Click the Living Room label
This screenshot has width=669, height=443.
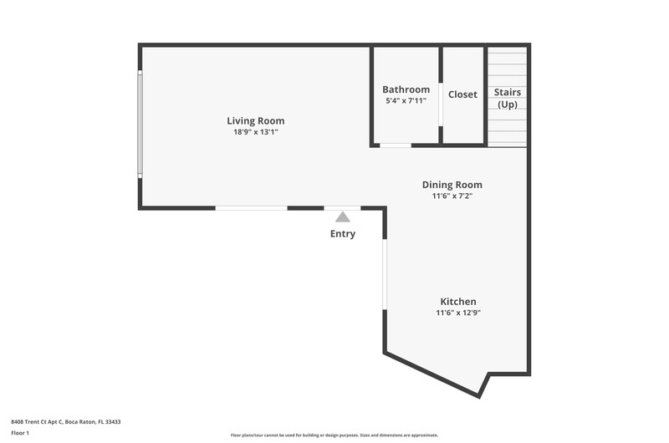pyautogui.click(x=256, y=120)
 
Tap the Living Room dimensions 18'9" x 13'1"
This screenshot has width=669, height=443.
pyautogui.click(x=256, y=132)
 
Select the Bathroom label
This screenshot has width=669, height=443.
pyautogui.click(x=406, y=89)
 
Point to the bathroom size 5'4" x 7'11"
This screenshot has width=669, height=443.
pyautogui.click(x=406, y=100)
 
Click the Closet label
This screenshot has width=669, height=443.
pyautogui.click(x=462, y=94)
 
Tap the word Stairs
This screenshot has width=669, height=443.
pyautogui.click(x=508, y=92)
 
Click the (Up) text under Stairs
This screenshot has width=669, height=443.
pyautogui.click(x=508, y=104)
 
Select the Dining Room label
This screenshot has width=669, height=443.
pyautogui.click(x=452, y=185)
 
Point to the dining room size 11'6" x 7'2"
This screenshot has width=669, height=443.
pyautogui.click(x=452, y=196)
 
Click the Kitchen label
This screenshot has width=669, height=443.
pyautogui.click(x=458, y=302)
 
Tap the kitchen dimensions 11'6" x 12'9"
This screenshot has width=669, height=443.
pyautogui.click(x=458, y=313)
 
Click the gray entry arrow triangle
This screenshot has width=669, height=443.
pyautogui.click(x=343, y=217)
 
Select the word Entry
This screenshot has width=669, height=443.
pyautogui.click(x=343, y=234)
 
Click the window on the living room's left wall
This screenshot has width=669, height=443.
pyautogui.click(x=140, y=124)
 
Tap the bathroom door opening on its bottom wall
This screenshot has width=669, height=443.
pyautogui.click(x=396, y=145)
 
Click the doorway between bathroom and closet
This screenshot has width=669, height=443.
pyautogui.click(x=441, y=104)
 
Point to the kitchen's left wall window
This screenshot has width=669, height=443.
pyautogui.click(x=385, y=274)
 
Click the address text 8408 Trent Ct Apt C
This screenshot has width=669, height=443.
pyautogui.click(x=37, y=422)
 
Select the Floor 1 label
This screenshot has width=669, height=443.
pyautogui.click(x=20, y=433)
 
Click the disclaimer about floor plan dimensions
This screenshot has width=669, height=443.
pyautogui.click(x=334, y=435)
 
